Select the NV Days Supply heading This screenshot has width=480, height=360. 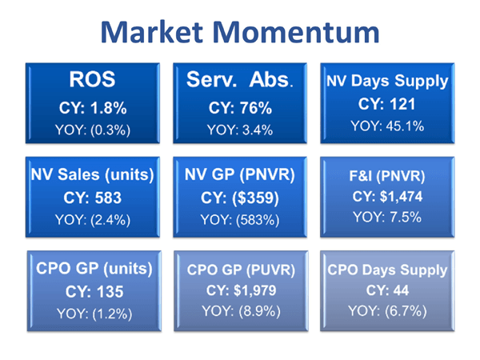point(387,82)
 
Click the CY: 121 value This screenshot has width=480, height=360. point(387,104)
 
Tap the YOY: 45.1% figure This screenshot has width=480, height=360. point(387,126)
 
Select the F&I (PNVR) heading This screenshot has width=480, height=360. point(387,174)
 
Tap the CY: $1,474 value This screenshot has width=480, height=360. point(387,195)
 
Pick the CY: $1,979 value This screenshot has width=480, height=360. point(240,289)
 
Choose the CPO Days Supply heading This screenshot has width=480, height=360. point(387,270)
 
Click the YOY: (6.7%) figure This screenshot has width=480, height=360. point(387,310)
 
